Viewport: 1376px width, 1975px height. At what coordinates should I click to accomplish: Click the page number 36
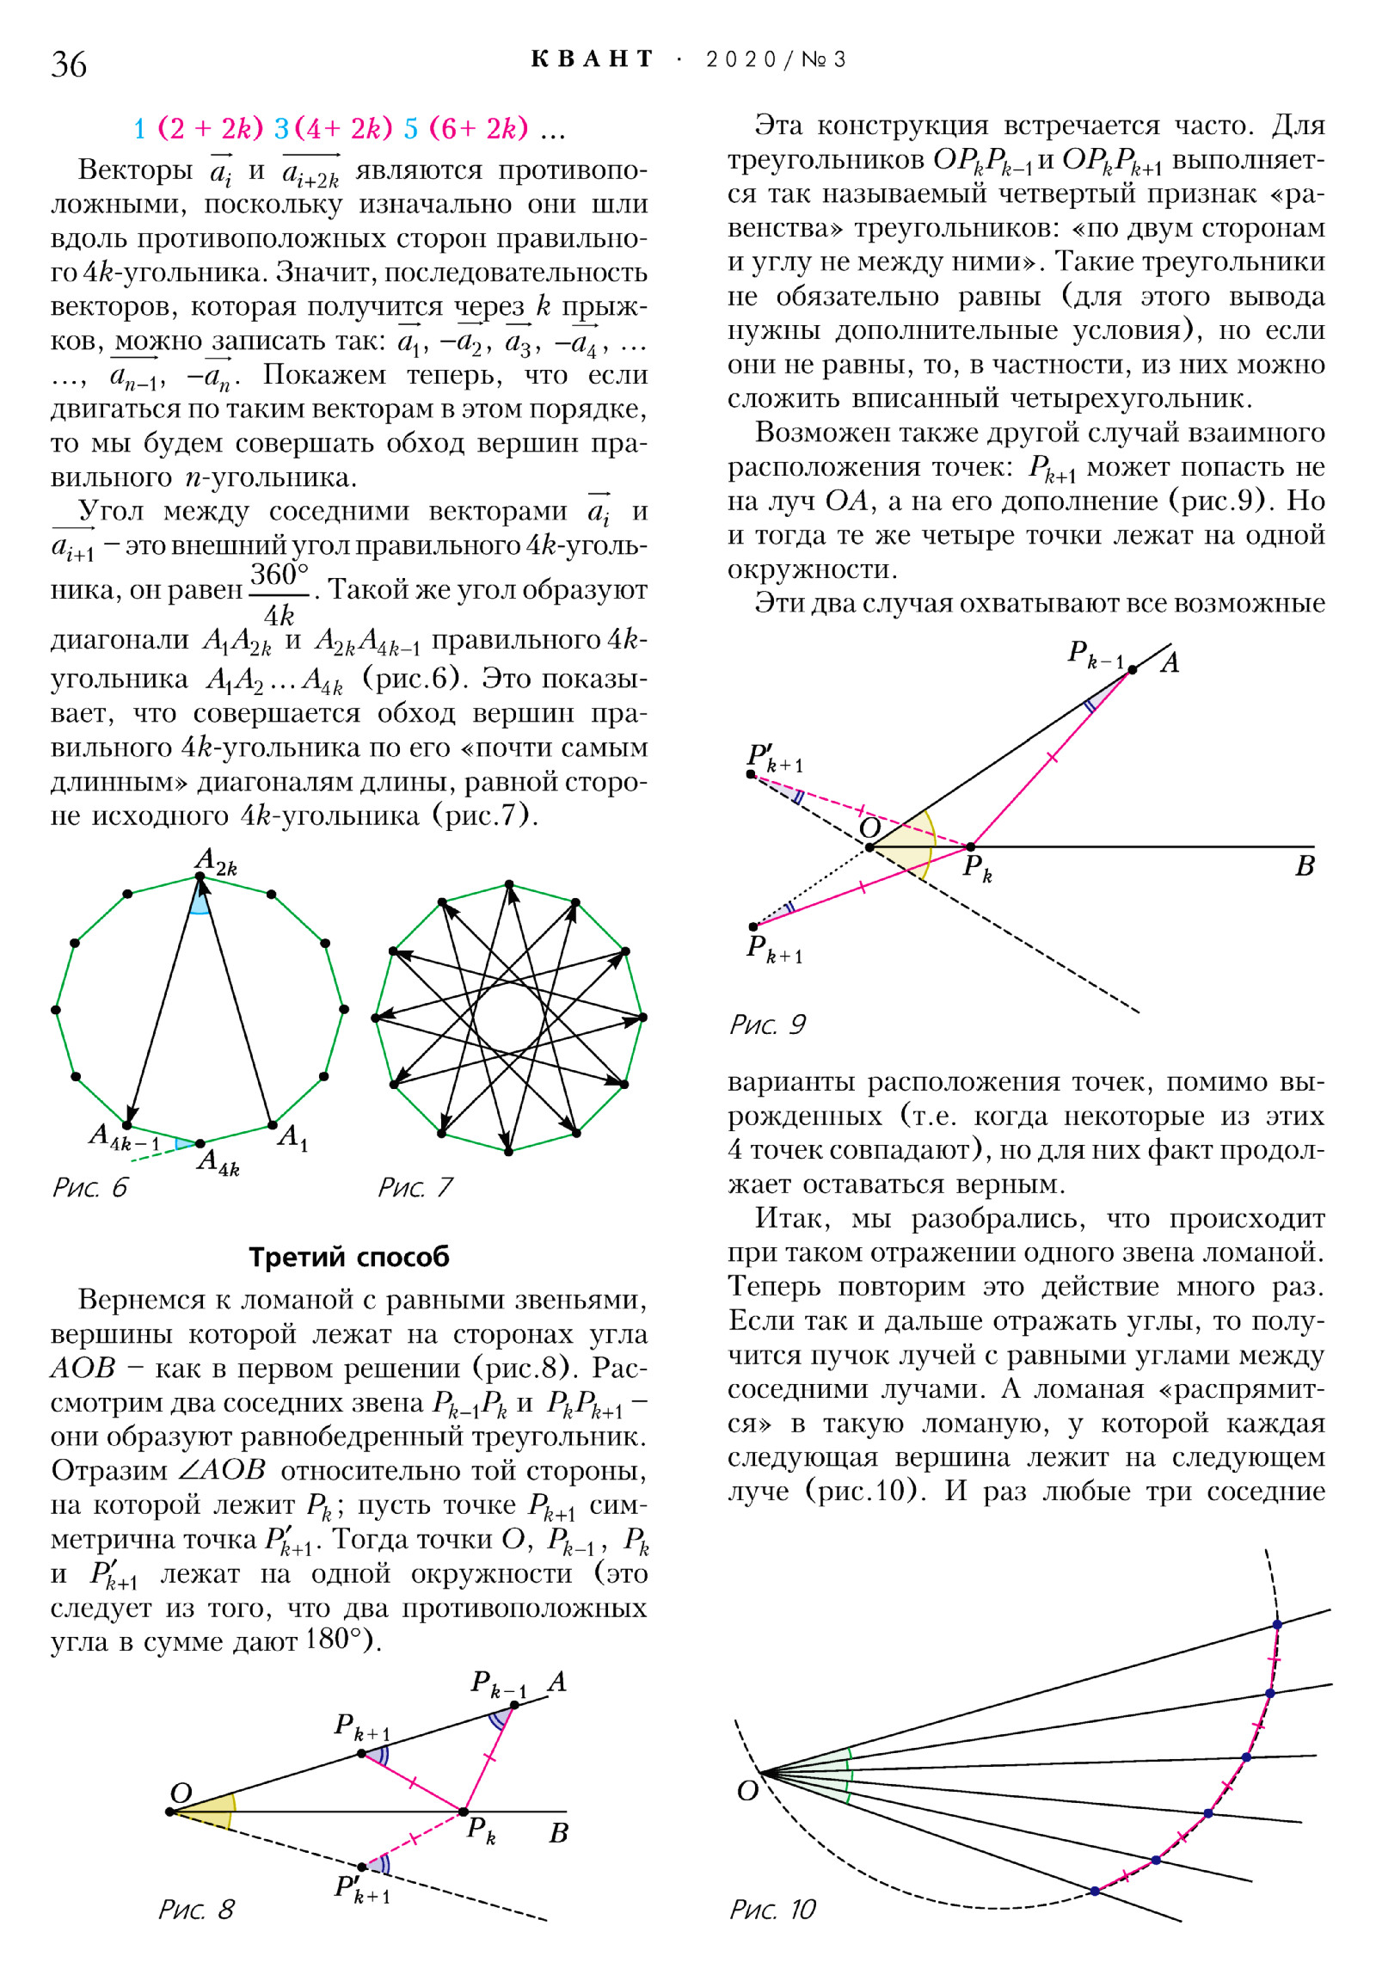pos(69,64)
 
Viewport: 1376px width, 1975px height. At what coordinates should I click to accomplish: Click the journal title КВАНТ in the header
pos(593,59)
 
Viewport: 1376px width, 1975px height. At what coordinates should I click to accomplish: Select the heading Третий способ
pos(348,1257)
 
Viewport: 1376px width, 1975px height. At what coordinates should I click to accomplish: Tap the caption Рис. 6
pos(89,1188)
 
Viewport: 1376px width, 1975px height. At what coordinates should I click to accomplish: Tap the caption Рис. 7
pos(415,1188)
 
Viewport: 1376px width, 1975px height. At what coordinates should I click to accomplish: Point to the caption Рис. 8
pos(196,1910)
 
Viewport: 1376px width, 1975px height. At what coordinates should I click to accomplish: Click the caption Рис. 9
pos(767,1024)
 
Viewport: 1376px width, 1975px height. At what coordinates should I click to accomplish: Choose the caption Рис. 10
pos(772,1910)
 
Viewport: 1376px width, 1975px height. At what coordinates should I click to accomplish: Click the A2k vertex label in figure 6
pos(215,860)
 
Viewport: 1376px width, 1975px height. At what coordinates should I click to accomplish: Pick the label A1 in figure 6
pos(292,1137)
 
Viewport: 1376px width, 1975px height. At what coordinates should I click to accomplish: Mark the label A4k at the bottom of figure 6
pos(218,1162)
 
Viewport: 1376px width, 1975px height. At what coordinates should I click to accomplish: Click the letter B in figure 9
pos(1305,866)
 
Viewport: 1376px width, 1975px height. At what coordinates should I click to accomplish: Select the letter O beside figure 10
pos(747,1792)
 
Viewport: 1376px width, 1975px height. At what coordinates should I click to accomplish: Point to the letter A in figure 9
pos(1170,663)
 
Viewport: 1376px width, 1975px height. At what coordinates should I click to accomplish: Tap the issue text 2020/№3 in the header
pos(776,59)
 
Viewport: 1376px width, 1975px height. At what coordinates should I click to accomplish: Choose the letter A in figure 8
pos(557,1681)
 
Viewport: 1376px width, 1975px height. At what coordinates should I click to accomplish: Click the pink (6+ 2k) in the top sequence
pos(478,129)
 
